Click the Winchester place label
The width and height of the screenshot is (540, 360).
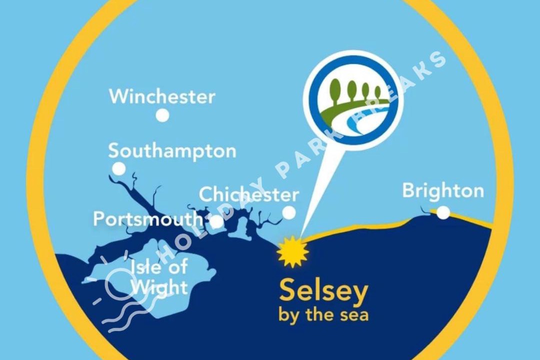[x=162, y=96]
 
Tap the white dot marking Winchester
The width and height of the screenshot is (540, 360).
[x=162, y=115]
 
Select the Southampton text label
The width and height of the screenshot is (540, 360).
[x=172, y=151]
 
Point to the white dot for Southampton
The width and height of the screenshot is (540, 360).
[x=118, y=168]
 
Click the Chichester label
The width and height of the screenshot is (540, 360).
[x=249, y=194]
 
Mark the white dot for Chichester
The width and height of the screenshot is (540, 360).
[x=289, y=213]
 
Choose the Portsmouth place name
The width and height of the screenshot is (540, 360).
[x=148, y=219]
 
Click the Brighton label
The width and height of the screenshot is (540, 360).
[x=443, y=191]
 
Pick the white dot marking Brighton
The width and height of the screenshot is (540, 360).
[x=443, y=213]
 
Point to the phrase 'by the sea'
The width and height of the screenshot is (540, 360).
[x=323, y=315]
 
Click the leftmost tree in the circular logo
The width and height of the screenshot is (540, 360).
[x=338, y=90]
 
